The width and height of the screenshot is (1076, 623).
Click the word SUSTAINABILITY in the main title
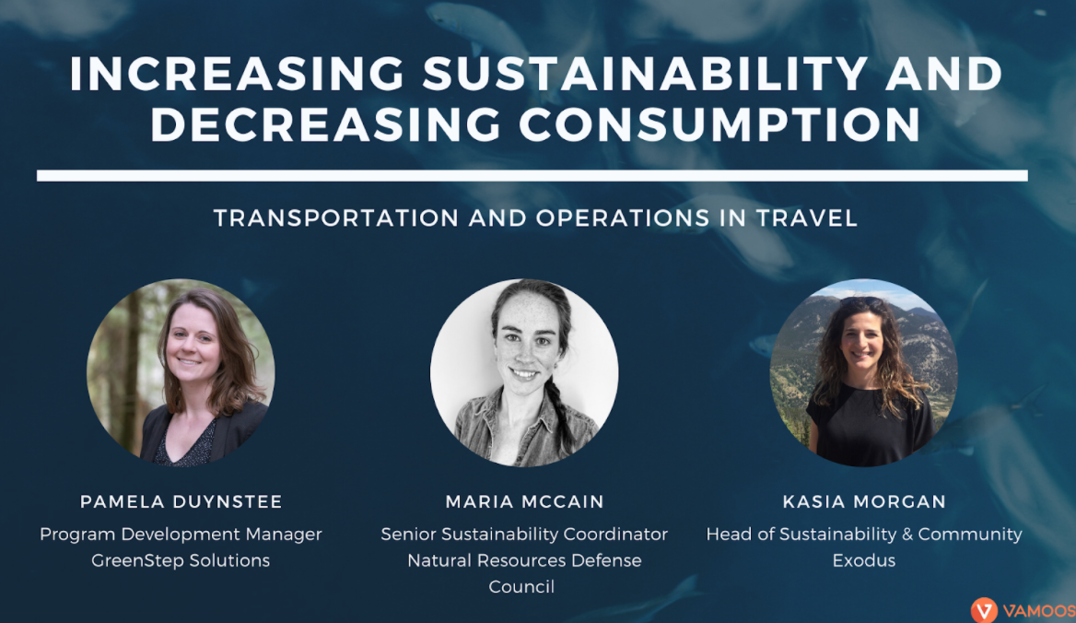click(645, 74)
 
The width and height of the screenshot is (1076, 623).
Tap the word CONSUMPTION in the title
click(719, 124)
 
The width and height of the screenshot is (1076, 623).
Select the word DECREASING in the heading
click(326, 124)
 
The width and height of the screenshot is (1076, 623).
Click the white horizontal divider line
click(532, 176)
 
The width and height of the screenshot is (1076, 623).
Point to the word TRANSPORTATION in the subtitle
click(336, 218)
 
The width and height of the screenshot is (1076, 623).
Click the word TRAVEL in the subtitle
click(806, 218)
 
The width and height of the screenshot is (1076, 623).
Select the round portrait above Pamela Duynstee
click(181, 372)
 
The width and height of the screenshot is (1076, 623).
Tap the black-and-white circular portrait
click(524, 372)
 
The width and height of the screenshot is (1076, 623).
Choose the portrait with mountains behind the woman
click(864, 372)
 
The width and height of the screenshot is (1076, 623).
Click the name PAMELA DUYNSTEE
click(181, 501)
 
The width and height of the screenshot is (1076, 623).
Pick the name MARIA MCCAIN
click(524, 501)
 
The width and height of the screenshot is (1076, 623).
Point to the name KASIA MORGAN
click(864, 501)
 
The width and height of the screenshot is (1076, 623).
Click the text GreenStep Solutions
click(181, 560)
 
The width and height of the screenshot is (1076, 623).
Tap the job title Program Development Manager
click(181, 535)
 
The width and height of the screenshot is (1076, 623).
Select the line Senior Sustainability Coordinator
click(524, 535)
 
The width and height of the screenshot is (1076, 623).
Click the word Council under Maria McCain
click(521, 587)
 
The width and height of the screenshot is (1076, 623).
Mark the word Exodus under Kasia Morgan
click(864, 560)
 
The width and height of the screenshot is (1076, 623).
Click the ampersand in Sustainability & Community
click(907, 534)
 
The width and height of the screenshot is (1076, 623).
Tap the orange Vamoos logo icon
click(984, 610)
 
